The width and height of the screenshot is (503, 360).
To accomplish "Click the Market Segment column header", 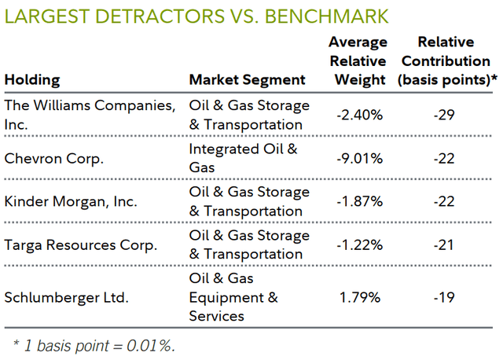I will (247, 79).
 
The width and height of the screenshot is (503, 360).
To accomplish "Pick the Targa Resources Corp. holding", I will (80, 245).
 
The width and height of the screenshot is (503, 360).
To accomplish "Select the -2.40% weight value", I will (359, 115).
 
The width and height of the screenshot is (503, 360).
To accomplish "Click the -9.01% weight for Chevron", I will (359, 158).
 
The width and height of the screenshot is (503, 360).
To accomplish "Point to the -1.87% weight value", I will (359, 202).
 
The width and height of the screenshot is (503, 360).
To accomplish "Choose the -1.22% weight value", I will (359, 245).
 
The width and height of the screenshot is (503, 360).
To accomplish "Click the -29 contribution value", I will (443, 115).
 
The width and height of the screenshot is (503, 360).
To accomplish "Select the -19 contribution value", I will (443, 299).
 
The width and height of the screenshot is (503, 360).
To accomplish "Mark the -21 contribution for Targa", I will (443, 245).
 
